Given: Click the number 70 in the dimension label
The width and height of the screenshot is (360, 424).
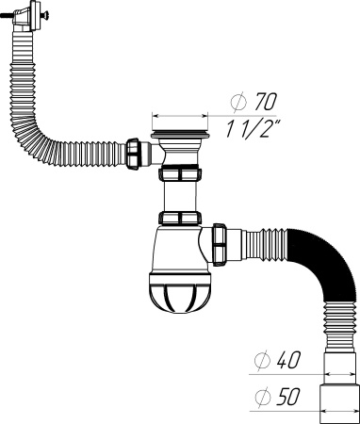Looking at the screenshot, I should (267, 101).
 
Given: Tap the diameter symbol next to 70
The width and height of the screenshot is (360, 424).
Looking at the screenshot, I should (237, 101).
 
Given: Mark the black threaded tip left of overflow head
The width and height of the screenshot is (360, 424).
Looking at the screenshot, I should (5, 17).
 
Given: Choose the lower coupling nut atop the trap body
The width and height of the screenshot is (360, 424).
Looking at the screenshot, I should (180, 220).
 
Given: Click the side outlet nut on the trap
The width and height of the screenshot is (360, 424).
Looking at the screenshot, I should (221, 242).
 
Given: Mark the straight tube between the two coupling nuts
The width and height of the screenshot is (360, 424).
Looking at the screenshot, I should (180, 197).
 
